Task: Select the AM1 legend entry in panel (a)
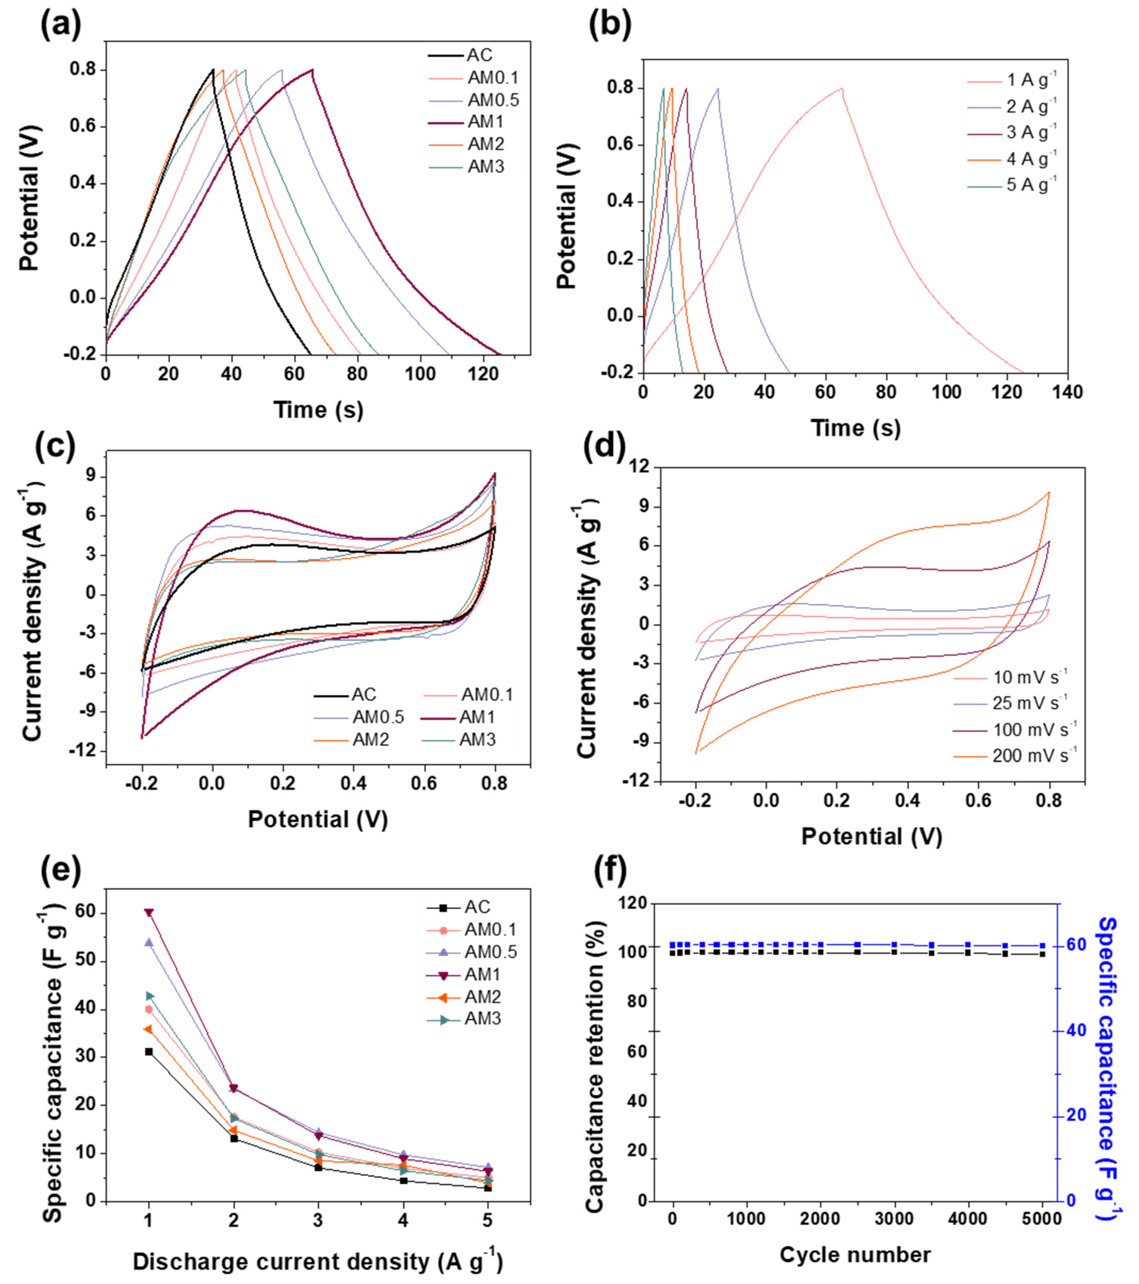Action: point(485,122)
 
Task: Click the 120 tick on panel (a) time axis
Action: point(484,373)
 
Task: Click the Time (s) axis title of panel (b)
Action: point(856,428)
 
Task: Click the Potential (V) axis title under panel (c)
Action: point(318,819)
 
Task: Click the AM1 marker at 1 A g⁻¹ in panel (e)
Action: point(149,912)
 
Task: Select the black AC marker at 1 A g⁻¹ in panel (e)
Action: point(149,1052)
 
